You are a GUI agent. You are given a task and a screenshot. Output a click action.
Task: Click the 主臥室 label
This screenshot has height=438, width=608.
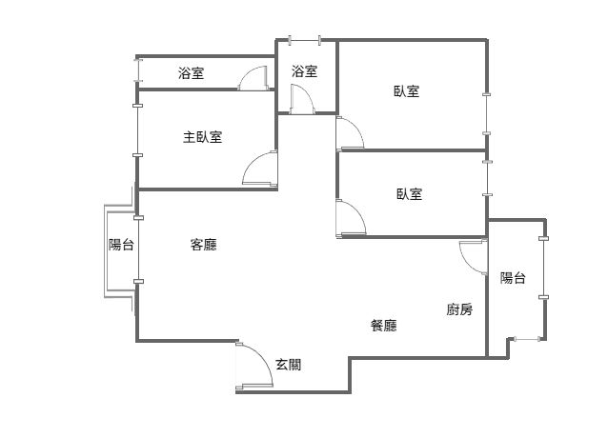(x=202, y=137)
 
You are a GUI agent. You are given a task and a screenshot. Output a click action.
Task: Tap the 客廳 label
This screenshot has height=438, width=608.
(x=203, y=245)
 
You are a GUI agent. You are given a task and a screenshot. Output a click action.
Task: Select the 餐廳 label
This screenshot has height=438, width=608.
(x=383, y=326)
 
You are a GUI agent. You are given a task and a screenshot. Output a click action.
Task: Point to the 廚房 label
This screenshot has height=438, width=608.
(x=459, y=309)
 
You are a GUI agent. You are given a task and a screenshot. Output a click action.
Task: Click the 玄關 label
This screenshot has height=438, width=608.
(x=289, y=364)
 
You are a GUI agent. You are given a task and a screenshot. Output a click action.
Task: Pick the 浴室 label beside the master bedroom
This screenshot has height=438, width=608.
(x=191, y=73)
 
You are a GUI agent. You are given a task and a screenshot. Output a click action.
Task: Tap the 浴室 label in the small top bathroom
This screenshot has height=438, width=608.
(x=304, y=70)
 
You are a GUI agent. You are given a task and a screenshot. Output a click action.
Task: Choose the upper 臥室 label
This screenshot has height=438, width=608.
(x=407, y=91)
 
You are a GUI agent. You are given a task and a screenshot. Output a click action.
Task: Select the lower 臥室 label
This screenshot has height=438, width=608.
(x=410, y=194)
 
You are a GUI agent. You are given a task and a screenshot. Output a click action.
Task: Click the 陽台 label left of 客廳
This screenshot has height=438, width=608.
(x=121, y=245)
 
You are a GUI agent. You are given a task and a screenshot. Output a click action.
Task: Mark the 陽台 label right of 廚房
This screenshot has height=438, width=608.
(x=514, y=278)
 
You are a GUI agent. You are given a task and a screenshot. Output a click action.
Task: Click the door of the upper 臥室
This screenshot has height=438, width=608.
(x=349, y=133)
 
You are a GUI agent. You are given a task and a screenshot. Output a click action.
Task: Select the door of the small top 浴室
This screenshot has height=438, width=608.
(x=300, y=100)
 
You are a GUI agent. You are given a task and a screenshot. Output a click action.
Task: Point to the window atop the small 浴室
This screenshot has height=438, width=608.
(x=305, y=40)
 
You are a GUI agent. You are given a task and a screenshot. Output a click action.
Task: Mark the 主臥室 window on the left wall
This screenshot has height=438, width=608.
(x=138, y=129)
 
